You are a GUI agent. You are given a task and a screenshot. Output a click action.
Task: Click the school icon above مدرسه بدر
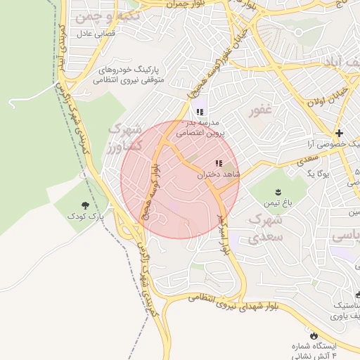200,111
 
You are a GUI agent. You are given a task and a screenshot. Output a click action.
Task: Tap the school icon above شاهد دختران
228,162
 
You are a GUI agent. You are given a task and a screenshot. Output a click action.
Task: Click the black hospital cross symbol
339,133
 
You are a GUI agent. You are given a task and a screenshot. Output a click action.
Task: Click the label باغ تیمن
276,204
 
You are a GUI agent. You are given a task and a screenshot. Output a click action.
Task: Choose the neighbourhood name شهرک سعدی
266,229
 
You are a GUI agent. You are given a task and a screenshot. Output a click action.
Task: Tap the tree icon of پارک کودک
85,205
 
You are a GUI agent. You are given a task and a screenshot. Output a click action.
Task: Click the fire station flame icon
314,336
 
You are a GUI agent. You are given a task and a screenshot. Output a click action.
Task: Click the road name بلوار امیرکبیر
224,233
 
